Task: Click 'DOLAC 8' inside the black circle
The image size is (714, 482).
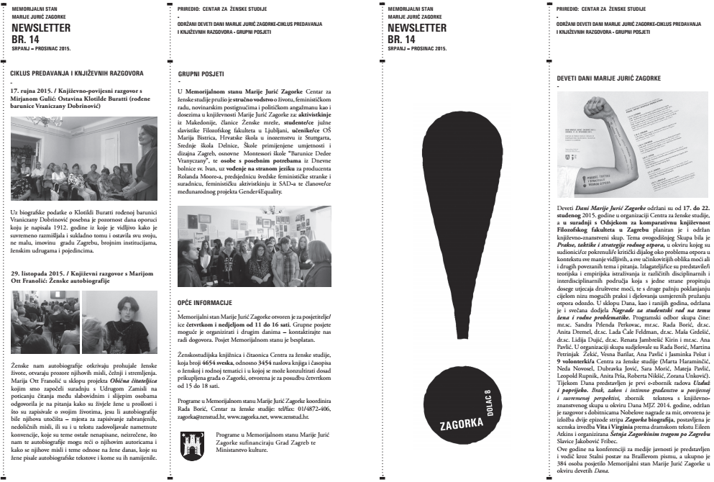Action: click(488, 402)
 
